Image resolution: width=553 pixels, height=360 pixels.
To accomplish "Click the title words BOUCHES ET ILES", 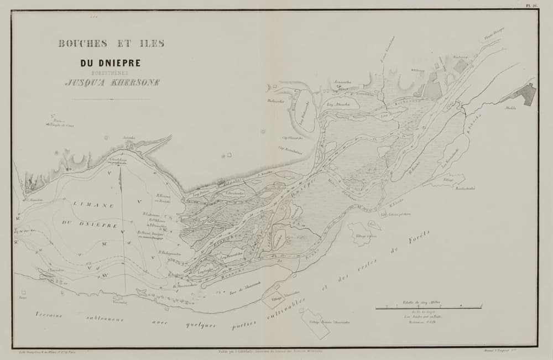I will pos(111,44).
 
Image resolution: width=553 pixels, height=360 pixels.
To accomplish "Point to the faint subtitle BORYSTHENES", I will pos(111,72).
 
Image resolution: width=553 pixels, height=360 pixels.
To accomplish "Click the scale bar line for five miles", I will pos(429,306).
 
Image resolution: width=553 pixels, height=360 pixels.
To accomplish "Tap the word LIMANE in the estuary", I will pos(92,204).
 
